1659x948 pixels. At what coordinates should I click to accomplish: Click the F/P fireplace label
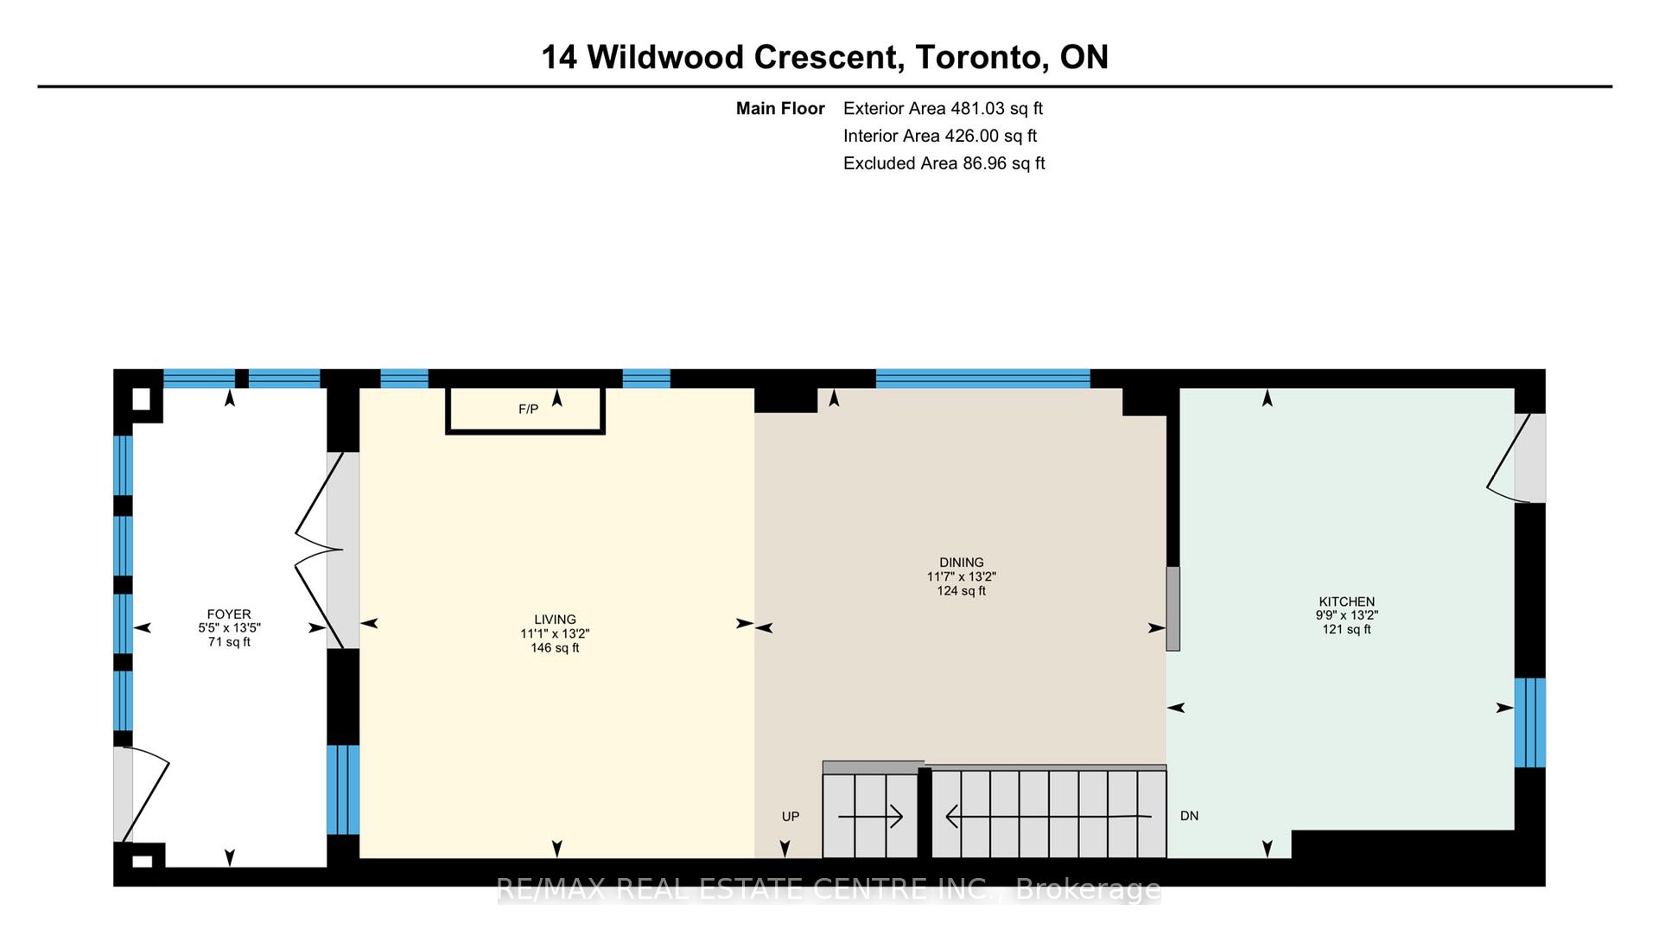[x=528, y=409]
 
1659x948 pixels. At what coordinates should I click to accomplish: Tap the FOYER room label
[x=229, y=614]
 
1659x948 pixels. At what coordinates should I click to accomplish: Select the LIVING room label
[x=555, y=620]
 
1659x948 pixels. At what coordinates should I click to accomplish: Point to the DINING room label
[x=962, y=563]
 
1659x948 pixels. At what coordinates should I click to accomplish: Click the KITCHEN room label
[x=1346, y=601]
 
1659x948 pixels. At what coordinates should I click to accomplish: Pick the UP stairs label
[x=791, y=817]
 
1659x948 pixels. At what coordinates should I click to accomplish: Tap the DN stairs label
[x=1189, y=816]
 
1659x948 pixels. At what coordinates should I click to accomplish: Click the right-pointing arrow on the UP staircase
[x=871, y=816]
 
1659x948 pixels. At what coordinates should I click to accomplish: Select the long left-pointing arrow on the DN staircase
[x=1049, y=816]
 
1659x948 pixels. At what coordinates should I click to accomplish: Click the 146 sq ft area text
[x=555, y=648]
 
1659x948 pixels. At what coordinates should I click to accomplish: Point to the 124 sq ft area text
[x=962, y=591]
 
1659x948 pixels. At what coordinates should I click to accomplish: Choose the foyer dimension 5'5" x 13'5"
[x=229, y=628]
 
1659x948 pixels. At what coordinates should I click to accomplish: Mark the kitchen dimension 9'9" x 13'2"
[x=1346, y=615]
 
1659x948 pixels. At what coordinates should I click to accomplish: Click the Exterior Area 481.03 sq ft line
[x=943, y=108]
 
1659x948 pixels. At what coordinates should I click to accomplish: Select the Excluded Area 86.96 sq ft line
[x=944, y=163]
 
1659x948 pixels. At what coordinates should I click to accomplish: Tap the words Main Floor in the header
[x=780, y=108]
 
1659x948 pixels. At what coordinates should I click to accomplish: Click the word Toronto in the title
[x=976, y=58]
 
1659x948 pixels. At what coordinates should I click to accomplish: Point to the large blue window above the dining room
[x=983, y=379]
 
